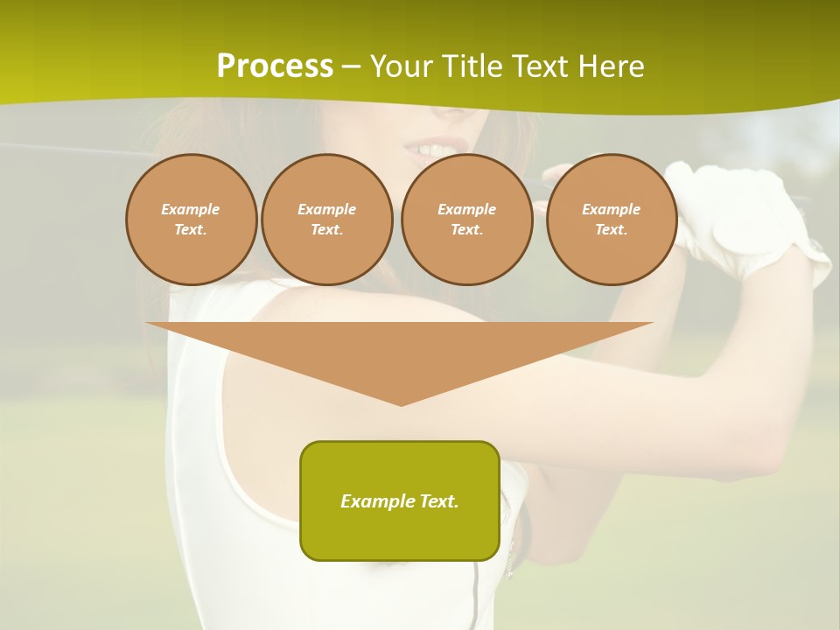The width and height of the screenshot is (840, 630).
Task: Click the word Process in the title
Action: point(275,66)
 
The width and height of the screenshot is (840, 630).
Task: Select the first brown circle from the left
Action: point(191,220)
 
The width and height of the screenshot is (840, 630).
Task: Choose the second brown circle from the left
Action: point(326,220)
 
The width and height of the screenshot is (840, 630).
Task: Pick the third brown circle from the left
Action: point(466,220)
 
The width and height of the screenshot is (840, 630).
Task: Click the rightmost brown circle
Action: point(611,220)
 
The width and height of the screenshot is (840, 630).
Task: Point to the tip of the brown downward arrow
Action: point(401,403)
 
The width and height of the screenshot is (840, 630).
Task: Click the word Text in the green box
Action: point(437,501)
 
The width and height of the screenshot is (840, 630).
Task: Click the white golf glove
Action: point(744,219)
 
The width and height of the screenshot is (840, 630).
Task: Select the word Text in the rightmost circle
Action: point(611,230)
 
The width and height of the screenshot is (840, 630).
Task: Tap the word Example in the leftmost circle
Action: point(191,209)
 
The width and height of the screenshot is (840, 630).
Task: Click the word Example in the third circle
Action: point(466,209)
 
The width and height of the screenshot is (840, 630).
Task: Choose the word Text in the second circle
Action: point(326,230)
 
